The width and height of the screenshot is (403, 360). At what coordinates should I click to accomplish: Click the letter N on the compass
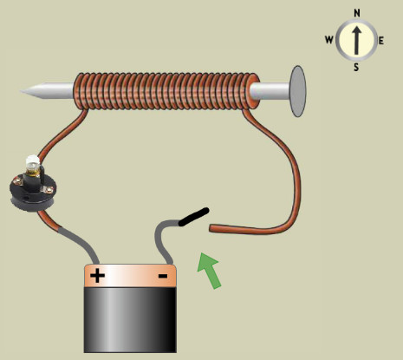click(357, 13)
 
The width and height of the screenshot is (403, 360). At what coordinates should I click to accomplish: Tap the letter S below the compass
click(356, 67)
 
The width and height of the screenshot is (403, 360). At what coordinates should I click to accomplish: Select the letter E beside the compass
click(381, 41)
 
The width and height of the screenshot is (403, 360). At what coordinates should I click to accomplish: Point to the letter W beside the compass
click(329, 40)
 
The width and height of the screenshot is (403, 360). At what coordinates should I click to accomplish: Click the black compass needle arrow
click(357, 41)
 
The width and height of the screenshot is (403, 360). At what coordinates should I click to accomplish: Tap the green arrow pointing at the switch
click(210, 270)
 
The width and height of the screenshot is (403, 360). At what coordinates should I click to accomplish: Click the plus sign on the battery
click(97, 276)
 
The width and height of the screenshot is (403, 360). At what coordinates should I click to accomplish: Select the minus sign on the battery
click(163, 276)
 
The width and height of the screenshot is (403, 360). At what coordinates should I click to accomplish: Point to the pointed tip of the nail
click(21, 91)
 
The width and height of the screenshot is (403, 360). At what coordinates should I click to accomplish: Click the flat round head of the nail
click(298, 91)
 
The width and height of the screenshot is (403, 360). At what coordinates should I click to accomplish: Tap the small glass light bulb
click(32, 166)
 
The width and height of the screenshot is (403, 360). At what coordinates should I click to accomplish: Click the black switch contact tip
click(193, 217)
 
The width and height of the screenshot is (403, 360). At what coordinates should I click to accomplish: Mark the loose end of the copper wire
click(211, 228)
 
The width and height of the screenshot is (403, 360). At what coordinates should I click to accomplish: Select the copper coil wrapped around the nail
click(167, 91)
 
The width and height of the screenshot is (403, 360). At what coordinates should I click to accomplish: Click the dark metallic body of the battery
click(130, 320)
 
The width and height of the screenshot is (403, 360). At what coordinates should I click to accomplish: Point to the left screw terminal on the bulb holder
click(18, 182)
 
